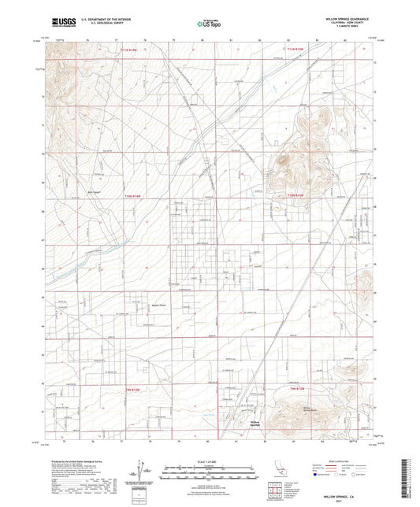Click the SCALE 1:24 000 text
pos(210,461)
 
